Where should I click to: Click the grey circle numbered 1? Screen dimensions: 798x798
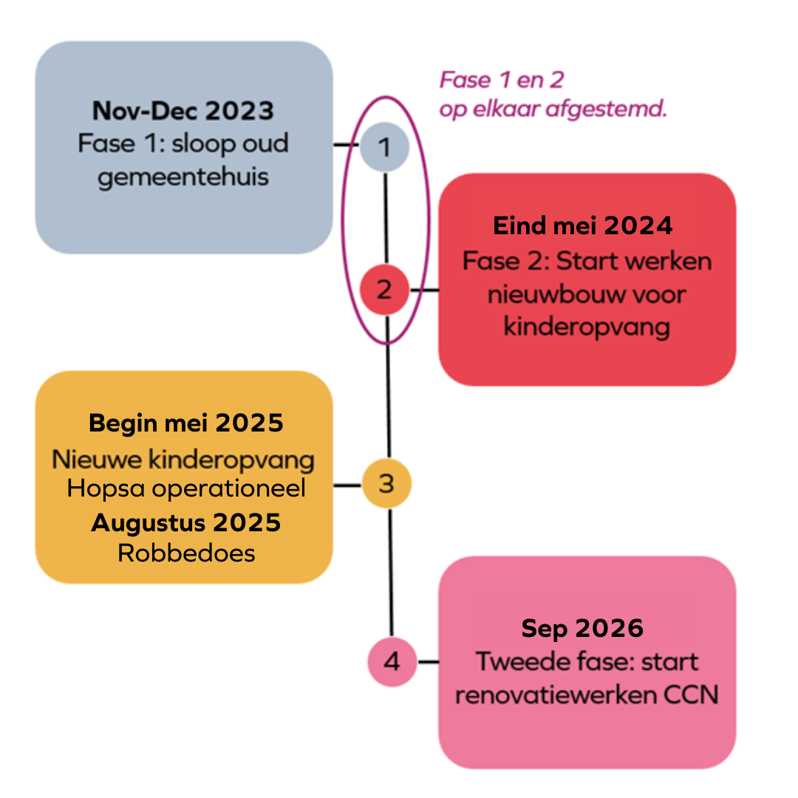[384, 147]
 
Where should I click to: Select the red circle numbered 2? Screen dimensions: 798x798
[384, 290]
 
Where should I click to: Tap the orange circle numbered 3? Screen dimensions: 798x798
[386, 484]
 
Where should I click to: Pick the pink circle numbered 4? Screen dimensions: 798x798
[392, 661]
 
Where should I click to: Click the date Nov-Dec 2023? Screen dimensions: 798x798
[183, 111]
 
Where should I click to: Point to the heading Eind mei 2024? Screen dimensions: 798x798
[583, 225]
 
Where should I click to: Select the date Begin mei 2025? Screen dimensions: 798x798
[186, 423]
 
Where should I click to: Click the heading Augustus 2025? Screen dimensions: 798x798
[186, 523]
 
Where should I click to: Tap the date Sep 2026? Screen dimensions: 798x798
[582, 628]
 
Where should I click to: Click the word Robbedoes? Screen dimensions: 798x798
[186, 553]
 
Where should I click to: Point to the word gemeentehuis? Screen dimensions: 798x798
[183, 177]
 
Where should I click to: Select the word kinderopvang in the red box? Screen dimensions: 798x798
[587, 326]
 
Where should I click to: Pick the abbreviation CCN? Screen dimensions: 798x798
[692, 695]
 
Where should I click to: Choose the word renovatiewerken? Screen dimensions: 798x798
[556, 695]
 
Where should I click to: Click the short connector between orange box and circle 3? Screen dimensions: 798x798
[347, 485]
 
